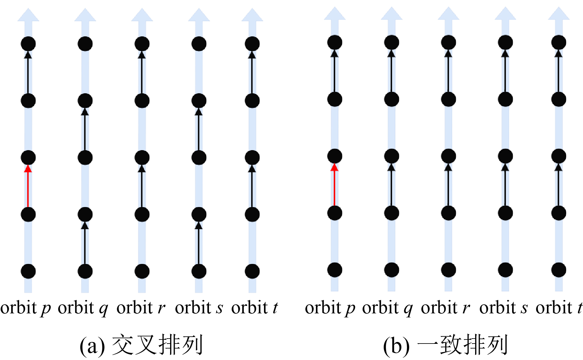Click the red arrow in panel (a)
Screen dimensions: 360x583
click(x=28, y=187)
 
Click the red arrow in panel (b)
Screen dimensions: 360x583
click(x=335, y=185)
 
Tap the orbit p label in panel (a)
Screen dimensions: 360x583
click(x=25, y=308)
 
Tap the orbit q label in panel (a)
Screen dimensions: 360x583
click(x=83, y=308)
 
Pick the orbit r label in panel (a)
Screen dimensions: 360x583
click(x=141, y=308)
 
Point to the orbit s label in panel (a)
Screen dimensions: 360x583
click(x=199, y=308)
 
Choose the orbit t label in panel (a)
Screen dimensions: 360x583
click(x=254, y=308)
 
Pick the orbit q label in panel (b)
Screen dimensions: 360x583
click(x=387, y=308)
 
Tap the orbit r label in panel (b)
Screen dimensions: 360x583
click(x=445, y=308)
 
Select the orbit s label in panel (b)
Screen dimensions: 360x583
click(x=503, y=308)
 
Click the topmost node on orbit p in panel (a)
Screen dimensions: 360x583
click(x=28, y=44)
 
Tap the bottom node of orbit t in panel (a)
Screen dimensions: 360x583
click(x=252, y=271)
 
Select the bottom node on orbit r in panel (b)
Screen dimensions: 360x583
click(x=448, y=270)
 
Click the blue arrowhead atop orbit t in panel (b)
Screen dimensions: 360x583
click(x=559, y=14)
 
